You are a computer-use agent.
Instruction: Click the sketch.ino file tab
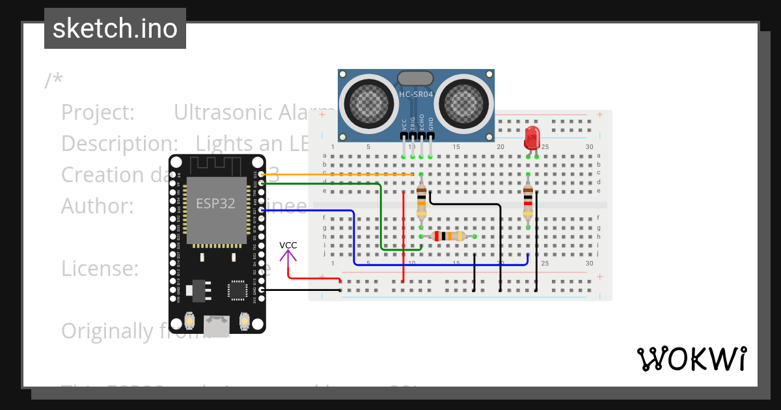pos(115,29)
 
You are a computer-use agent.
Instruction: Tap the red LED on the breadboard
pos(532,137)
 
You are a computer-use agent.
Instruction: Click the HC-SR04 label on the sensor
pos(416,94)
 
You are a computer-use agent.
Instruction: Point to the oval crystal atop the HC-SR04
pos(415,78)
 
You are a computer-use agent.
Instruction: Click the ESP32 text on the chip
pos(215,203)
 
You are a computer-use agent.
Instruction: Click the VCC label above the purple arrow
pos(288,245)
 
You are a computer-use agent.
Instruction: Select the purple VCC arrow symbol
pos(288,256)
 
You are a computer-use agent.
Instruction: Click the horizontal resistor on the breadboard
pos(448,236)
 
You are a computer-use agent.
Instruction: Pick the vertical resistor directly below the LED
pos(528,201)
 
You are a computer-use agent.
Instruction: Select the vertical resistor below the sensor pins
pos(421,201)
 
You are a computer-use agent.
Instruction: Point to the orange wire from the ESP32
pos(338,174)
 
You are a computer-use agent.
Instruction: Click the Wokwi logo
pos(692,359)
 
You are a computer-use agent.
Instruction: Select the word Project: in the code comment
pos(98,113)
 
